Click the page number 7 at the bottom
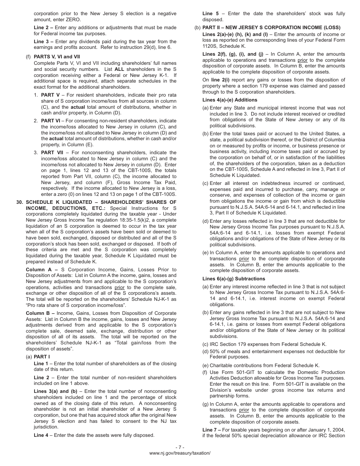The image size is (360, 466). coord(180,447)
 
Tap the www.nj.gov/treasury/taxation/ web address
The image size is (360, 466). coord(180,453)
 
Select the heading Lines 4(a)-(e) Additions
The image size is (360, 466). coord(230,100)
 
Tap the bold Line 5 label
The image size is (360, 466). coord(210,14)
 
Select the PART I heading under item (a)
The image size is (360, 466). coord(42,357)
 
